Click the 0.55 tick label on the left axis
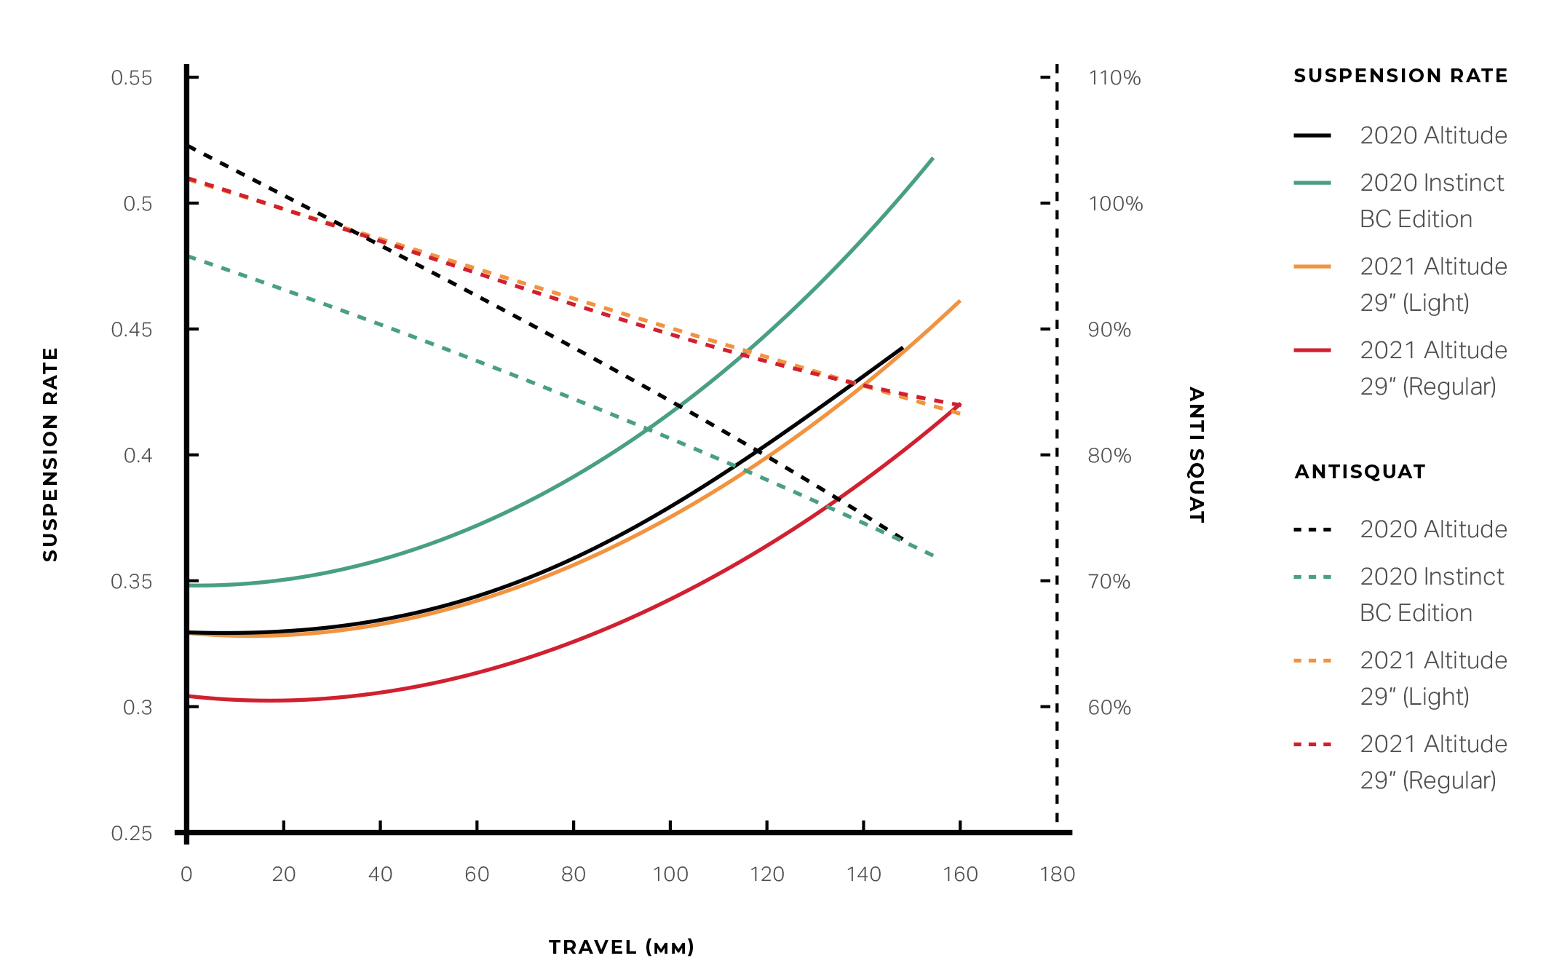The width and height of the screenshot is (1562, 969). coord(132,78)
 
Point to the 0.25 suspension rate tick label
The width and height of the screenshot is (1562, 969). coord(132,833)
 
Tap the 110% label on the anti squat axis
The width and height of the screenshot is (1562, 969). coord(1114,78)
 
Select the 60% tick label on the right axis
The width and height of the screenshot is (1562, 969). coord(1109,708)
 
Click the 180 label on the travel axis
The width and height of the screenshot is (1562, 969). coord(1057,874)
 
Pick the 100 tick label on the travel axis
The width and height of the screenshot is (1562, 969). coord(670,874)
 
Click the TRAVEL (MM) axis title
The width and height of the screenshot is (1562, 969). coord(622,947)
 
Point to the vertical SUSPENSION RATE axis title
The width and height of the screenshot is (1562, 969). coord(50,454)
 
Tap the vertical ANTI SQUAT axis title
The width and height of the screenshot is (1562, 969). coord(1196,454)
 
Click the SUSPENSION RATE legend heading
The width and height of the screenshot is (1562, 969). coord(1400,76)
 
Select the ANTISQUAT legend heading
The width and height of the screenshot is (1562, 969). coord(1360,472)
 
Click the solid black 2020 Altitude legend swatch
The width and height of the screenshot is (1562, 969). coord(1312,135)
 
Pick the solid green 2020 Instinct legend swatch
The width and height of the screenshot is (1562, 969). coord(1312,183)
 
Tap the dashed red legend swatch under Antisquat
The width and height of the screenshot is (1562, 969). coord(1312,745)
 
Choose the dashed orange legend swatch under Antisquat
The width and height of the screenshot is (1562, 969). coord(1312,661)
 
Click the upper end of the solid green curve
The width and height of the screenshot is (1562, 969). coord(932,158)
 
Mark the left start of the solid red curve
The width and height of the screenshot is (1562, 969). coord(189,697)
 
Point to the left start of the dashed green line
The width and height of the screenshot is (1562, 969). coord(189,256)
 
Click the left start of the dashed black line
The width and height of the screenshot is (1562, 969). coord(189,146)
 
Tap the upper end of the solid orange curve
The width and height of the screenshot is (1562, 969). coord(959,301)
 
